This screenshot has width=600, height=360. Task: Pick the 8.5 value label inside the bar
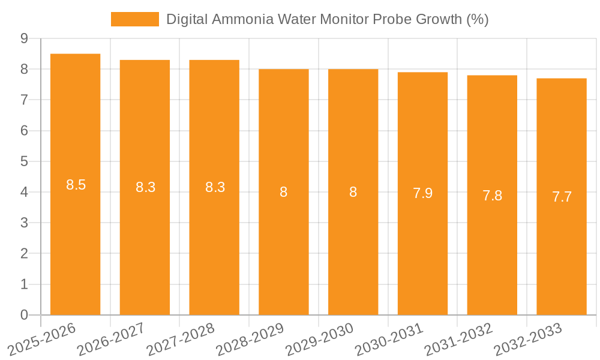(x=76, y=185)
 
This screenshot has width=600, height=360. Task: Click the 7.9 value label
(x=422, y=193)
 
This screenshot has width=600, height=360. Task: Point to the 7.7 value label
(x=562, y=196)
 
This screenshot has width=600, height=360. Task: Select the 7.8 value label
(x=492, y=196)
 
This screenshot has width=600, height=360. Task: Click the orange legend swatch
(x=135, y=19)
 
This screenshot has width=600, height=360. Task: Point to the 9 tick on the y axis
(x=24, y=38)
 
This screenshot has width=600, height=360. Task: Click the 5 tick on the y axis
(x=24, y=161)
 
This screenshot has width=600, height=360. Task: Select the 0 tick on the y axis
(x=24, y=315)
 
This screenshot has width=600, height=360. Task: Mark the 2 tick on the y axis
(x=24, y=254)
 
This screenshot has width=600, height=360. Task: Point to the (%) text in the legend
(x=478, y=19)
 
